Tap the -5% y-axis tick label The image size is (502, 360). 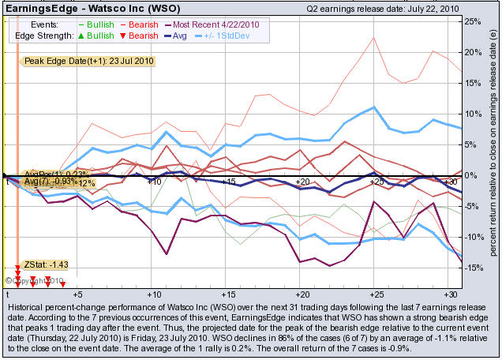tap(472, 206)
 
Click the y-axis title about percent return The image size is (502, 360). tap(493, 150)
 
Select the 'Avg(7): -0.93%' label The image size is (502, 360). tap(47, 182)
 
